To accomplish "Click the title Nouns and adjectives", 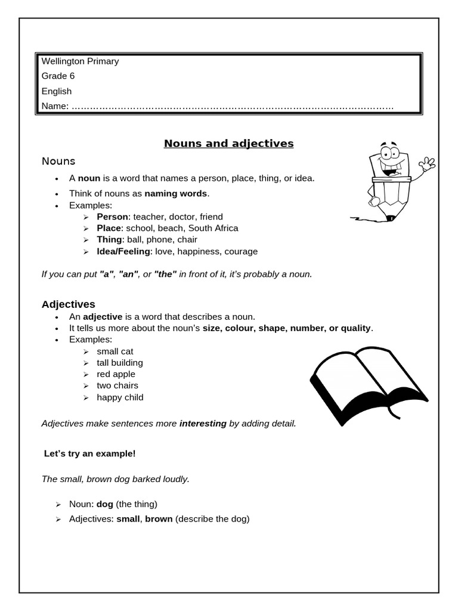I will pos(228,143).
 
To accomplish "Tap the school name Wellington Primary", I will pos(80,61).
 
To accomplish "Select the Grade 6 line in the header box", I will pos(58,76).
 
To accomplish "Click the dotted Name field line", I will pos(233,107).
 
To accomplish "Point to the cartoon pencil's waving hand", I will pos(427,163).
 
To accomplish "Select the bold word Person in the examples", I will pos(112,217).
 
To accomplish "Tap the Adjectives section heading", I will pos(68,304).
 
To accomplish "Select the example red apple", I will pos(116,374).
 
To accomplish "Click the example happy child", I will pos(120,397).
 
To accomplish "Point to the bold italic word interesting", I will pos(203,423).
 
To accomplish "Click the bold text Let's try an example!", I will pos(90,453).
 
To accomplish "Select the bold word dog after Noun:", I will pos(104,504).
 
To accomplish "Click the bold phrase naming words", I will pos(176,193).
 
